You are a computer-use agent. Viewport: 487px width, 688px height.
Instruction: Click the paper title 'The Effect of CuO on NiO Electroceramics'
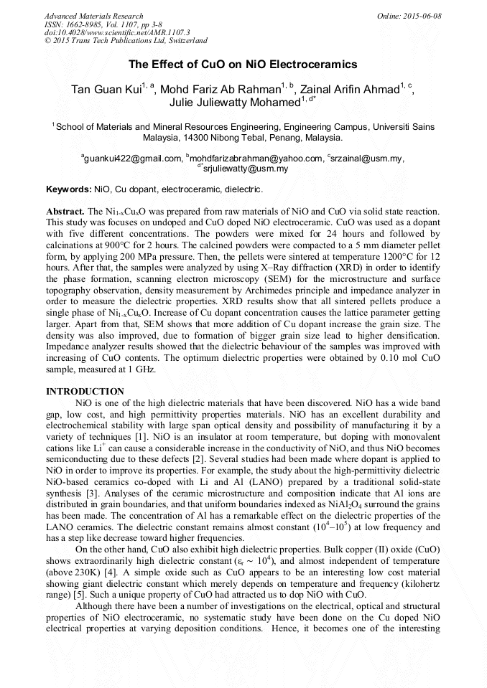pos(243,65)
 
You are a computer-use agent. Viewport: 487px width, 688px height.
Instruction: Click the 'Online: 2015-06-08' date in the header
pos(409,16)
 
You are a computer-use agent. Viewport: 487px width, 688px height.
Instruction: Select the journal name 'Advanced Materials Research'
pos(93,16)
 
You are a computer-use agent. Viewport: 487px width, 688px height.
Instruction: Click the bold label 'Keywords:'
pos(69,189)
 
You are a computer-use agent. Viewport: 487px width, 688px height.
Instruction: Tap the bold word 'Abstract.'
pos(65,212)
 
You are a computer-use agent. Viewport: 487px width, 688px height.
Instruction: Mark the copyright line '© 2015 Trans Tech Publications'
pos(126,42)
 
